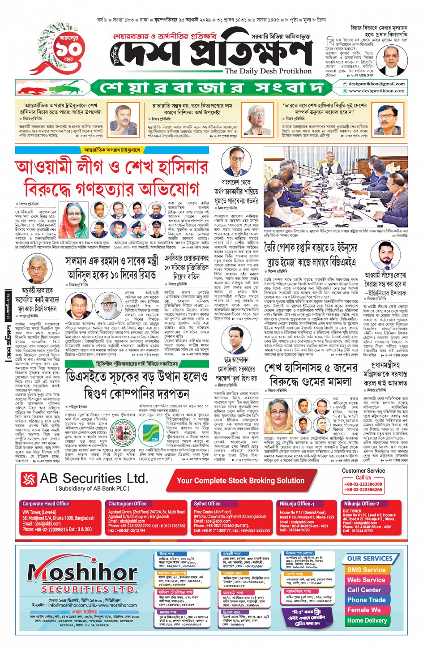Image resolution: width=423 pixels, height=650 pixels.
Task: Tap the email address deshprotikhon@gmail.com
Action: pos(376,84)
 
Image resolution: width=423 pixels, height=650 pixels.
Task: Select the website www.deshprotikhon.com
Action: pos(376,91)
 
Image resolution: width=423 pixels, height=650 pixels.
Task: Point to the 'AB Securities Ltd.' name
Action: pos(94,479)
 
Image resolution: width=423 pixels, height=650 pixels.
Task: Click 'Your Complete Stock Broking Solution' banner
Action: pos(240,480)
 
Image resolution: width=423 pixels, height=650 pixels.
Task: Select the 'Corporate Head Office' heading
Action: pos(46,504)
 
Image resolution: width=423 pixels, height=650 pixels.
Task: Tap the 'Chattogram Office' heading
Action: pos(127,504)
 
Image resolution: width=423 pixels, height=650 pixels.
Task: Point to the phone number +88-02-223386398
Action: pos(363,484)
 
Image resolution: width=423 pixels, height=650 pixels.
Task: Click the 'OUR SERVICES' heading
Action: pos(369,559)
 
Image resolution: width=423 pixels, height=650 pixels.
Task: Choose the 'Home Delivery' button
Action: pos(367,620)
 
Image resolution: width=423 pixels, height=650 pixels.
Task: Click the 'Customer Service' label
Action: pos(363,470)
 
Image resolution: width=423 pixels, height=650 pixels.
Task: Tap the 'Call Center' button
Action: pos(364,590)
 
